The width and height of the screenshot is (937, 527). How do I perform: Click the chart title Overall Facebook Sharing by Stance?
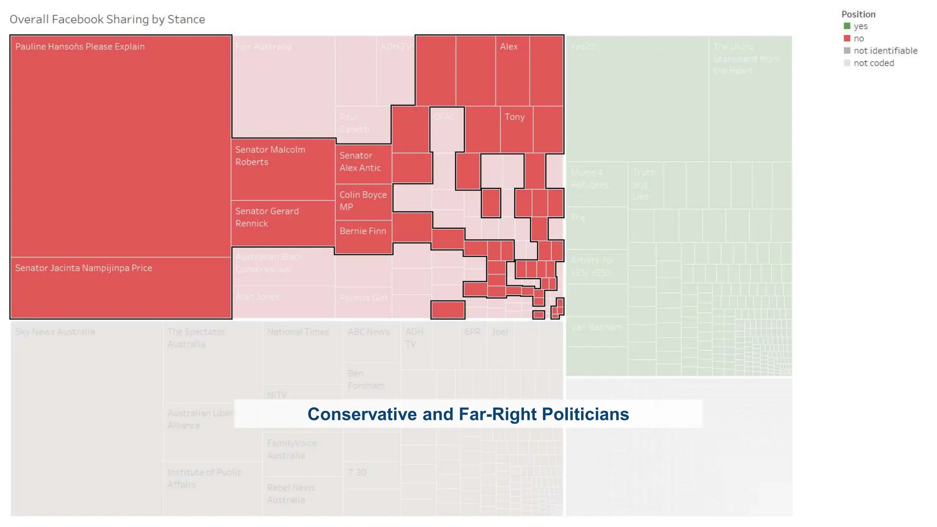click(x=107, y=19)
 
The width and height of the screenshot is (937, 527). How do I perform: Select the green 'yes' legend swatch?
click(x=847, y=26)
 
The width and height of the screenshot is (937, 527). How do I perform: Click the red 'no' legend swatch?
click(x=847, y=38)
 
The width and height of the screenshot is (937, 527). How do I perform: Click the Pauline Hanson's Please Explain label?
click(x=80, y=47)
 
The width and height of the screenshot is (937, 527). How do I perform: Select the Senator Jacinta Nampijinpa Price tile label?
click(x=83, y=268)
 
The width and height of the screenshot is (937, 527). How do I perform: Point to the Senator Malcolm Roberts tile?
click(x=283, y=169)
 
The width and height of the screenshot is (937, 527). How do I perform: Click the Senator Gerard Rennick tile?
click(x=283, y=223)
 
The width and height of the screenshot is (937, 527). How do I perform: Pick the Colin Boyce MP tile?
click(x=363, y=202)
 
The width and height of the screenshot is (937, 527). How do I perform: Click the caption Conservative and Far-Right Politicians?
click(x=468, y=414)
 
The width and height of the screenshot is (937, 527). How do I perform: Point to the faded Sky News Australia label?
click(x=55, y=332)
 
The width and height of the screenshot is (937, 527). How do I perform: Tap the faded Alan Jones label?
click(x=257, y=297)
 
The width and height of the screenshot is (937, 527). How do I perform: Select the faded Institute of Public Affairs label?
click(x=204, y=479)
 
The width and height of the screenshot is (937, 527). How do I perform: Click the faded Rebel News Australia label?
click(x=291, y=494)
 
